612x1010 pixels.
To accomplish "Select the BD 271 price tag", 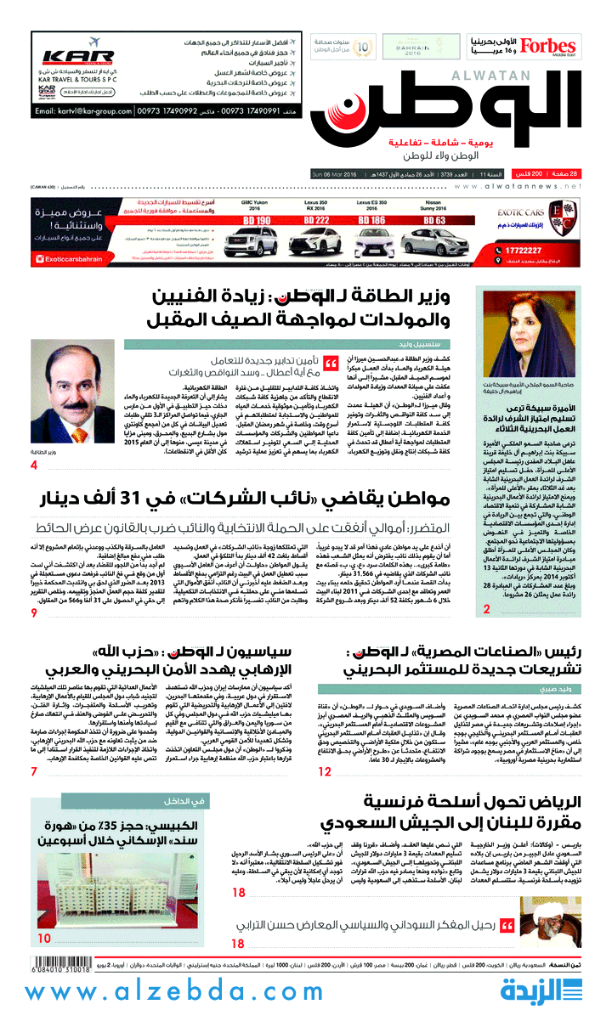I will click(317, 220).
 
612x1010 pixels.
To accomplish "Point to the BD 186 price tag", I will click(375, 220).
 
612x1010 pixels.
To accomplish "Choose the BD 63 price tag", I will click(434, 220).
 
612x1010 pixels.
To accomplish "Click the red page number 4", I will click(34, 466).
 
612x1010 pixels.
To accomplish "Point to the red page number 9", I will click(34, 613).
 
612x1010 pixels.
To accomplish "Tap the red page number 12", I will click(324, 771).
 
